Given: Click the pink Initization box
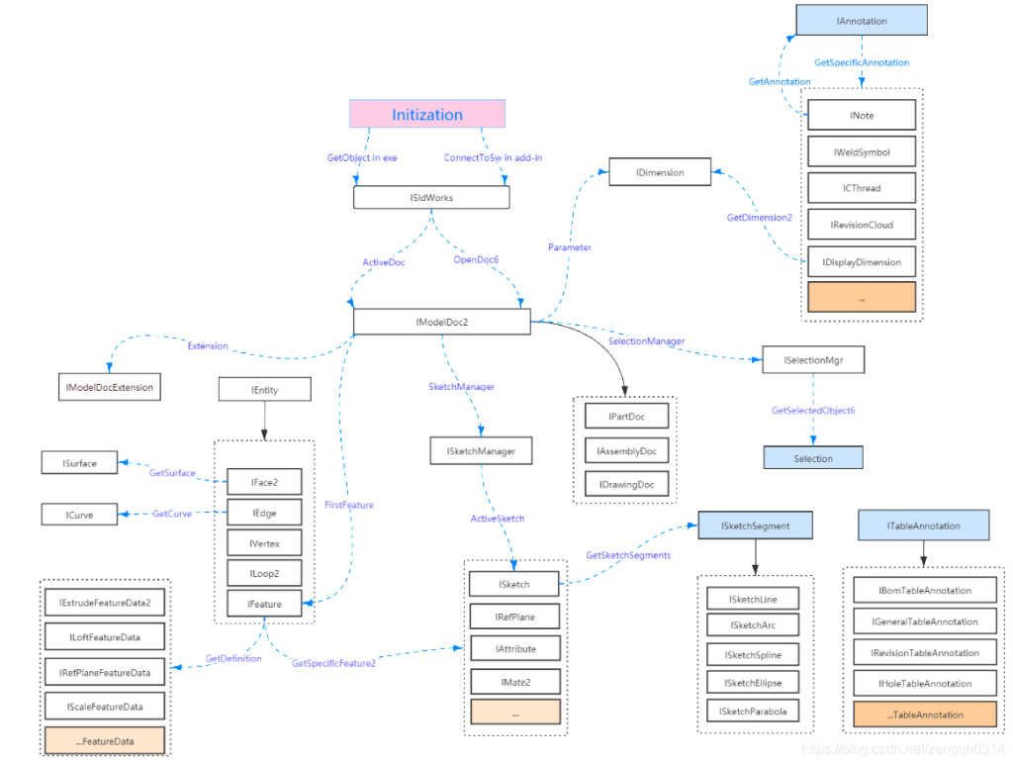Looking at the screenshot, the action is tap(427, 115).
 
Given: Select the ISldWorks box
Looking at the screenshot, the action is tap(431, 198).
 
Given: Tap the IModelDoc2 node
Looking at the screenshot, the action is tap(442, 322).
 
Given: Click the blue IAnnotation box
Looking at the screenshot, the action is tap(862, 21).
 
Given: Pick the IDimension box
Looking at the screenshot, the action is tap(660, 172).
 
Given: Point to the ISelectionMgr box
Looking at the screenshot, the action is tap(813, 360).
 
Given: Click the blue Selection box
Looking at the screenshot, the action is tap(813, 458).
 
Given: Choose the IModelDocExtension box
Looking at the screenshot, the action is tap(109, 387).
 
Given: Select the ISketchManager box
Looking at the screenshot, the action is tap(481, 451).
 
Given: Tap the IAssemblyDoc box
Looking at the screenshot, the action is tap(626, 451).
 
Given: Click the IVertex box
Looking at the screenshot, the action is tap(264, 543).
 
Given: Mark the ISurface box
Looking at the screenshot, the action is tap(79, 463).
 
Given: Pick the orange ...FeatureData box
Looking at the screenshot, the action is tap(105, 741).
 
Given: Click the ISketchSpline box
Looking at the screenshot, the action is tap(753, 654).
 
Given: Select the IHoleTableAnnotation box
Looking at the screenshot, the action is tap(925, 683).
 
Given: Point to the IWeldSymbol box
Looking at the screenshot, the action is tap(862, 151).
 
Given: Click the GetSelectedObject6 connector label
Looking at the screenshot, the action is tap(813, 411).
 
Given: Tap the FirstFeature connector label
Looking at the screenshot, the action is tap(349, 505).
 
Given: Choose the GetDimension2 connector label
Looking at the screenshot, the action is tap(759, 218).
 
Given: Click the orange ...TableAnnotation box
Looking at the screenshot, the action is tap(925, 715).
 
